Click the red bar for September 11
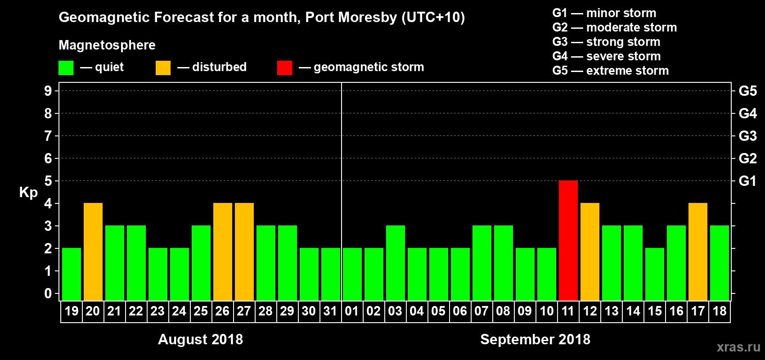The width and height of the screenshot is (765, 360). pyautogui.click(x=568, y=240)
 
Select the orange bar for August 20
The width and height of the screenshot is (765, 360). pyautogui.click(x=93, y=252)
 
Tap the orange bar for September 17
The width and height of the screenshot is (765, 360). pyautogui.click(x=697, y=252)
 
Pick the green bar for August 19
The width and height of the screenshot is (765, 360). pyautogui.click(x=71, y=274)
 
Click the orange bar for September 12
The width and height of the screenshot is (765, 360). pyautogui.click(x=589, y=252)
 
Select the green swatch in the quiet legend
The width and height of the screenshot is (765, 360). pyautogui.click(x=66, y=68)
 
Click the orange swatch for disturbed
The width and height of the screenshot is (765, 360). pyautogui.click(x=163, y=68)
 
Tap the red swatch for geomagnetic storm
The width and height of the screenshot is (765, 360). pyautogui.click(x=284, y=68)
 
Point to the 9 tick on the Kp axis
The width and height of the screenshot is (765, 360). pyautogui.click(x=48, y=91)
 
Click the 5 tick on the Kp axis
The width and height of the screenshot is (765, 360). pyautogui.click(x=48, y=181)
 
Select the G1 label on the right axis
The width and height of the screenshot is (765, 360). pyautogui.click(x=747, y=181)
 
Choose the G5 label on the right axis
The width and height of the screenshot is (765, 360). pyautogui.click(x=747, y=91)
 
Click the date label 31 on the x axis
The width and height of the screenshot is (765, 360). pyautogui.click(x=330, y=311)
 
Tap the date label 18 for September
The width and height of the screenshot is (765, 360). pyautogui.click(x=719, y=311)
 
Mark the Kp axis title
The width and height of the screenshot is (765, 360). pyautogui.click(x=28, y=192)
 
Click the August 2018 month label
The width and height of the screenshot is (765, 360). pyautogui.click(x=200, y=339)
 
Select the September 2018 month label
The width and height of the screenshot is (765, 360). pyautogui.click(x=535, y=339)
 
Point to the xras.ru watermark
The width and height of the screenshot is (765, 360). pyautogui.click(x=738, y=347)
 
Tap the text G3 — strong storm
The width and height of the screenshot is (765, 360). pyautogui.click(x=606, y=42)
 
